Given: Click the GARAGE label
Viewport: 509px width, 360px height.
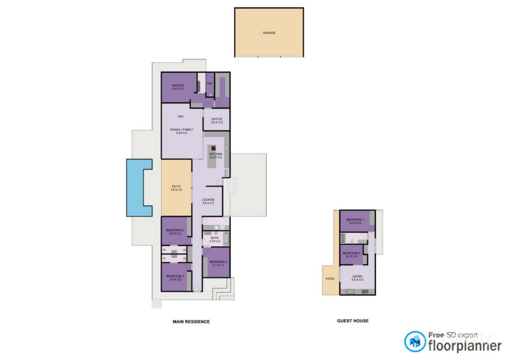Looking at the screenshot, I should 269,33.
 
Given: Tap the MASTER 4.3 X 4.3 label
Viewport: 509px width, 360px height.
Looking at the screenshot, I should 178,87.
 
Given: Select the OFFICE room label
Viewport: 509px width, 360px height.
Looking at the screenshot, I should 217,121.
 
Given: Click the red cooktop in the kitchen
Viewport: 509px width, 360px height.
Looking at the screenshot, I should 214,148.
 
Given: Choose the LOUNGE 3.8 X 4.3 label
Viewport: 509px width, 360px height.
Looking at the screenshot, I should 208,201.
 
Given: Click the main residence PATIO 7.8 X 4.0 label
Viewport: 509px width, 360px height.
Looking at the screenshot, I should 176,188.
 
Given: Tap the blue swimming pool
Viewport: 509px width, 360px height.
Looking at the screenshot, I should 134,187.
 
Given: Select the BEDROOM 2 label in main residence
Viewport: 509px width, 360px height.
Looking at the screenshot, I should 175,232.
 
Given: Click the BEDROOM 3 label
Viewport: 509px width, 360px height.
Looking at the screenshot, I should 175,278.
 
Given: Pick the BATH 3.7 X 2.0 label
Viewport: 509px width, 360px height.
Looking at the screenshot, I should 215,240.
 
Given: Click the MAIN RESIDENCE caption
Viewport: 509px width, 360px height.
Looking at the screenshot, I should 191,322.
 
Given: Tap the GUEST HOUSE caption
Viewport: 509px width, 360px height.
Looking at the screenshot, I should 352,321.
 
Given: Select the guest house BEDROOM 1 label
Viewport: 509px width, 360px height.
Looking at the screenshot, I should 355,221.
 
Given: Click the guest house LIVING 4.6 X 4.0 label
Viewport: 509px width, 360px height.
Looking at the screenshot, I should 357,278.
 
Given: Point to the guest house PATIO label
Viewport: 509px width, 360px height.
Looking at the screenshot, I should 330,279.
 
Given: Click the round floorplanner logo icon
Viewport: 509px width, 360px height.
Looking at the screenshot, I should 415,342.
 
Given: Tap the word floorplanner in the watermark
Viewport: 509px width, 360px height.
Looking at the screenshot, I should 465,346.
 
